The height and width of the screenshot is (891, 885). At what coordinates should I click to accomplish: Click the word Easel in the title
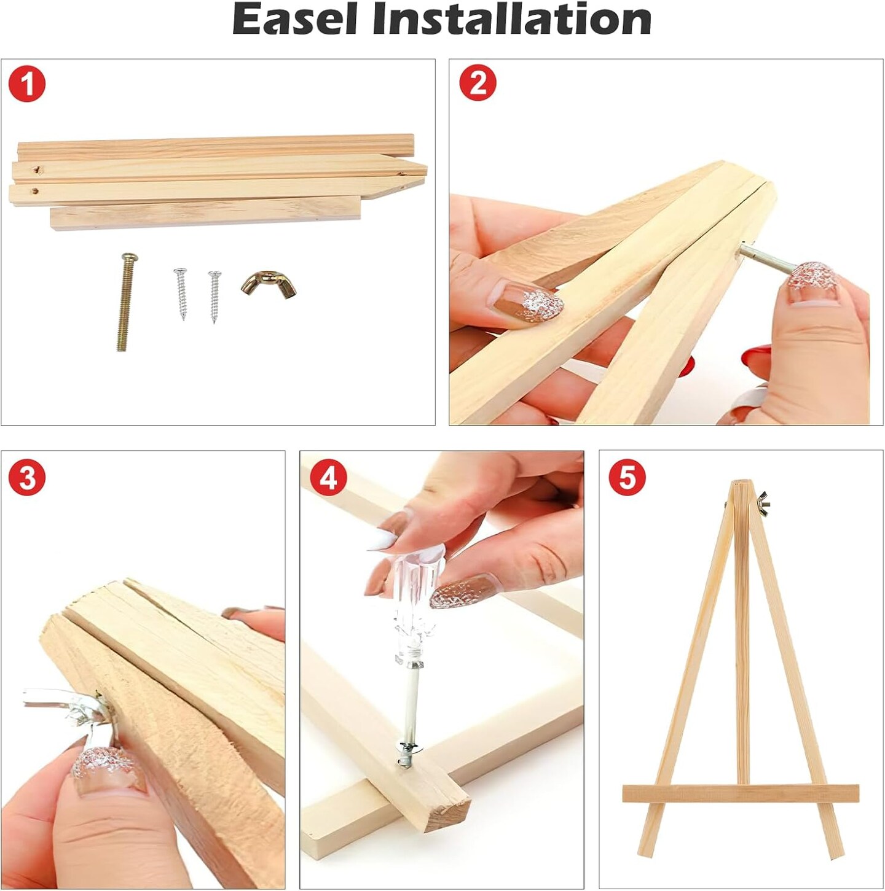[x=295, y=20]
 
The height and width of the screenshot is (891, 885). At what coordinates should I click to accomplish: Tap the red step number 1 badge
[x=27, y=84]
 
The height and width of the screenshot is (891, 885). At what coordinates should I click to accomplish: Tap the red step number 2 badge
[x=478, y=83]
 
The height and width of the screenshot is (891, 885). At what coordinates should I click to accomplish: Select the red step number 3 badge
[x=27, y=477]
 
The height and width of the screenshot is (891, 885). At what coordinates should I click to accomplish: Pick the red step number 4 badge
[x=328, y=477]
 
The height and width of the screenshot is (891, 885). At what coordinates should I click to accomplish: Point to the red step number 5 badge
[x=627, y=477]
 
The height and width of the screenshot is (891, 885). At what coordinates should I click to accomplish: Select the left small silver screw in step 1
[x=181, y=294]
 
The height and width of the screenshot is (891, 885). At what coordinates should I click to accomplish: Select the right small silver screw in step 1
[x=213, y=296]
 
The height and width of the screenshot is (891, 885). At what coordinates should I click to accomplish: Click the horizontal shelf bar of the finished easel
[x=741, y=793]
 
